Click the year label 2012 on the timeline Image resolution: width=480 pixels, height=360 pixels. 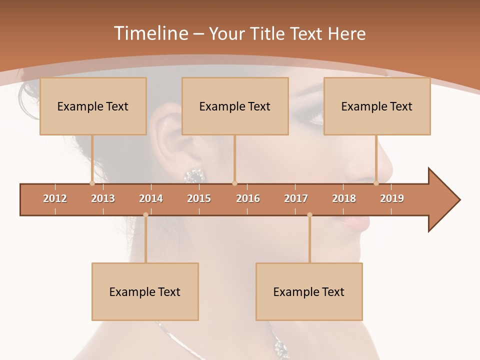click(55, 198)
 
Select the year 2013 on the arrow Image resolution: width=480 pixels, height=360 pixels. click(103, 198)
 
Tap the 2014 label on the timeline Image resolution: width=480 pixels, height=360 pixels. click(151, 198)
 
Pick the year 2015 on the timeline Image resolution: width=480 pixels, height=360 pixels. click(199, 198)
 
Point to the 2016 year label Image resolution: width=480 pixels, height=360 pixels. click(248, 198)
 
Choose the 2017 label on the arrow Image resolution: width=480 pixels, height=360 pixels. click(296, 198)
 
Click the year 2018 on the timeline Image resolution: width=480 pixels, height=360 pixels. click(344, 198)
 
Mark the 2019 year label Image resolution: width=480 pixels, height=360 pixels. click(392, 198)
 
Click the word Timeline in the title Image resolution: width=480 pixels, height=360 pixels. click(150, 33)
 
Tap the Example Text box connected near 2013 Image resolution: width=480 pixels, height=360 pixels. click(93, 106)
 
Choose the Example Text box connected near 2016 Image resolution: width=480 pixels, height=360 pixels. click(235, 106)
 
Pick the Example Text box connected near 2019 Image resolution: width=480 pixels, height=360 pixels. click(377, 106)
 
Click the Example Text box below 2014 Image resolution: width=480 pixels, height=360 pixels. click(145, 291)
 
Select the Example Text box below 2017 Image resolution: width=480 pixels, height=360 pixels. click(309, 291)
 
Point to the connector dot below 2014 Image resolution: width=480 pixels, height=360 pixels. click(145, 215)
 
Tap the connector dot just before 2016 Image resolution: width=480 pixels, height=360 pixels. click(234, 183)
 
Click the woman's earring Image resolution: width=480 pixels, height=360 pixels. click(194, 175)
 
